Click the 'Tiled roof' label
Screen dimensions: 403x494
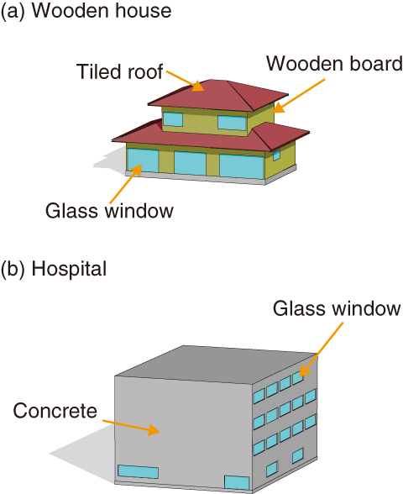[119, 71]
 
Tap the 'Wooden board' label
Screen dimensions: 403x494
[334, 63]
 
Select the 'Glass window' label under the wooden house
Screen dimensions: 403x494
[109, 210]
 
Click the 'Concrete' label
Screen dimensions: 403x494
[55, 411]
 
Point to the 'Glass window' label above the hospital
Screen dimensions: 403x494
[337, 308]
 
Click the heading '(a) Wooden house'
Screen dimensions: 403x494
[86, 10]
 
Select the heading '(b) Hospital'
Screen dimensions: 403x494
[54, 269]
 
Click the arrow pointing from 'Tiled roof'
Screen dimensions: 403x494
[186, 81]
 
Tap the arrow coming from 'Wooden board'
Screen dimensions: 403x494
[299, 96]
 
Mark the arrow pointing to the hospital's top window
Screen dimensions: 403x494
[321, 349]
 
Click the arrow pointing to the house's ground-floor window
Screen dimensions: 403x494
[126, 184]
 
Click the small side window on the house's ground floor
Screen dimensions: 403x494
[276, 155]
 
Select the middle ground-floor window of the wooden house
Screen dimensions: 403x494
[190, 163]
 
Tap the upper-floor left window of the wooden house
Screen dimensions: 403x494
[173, 119]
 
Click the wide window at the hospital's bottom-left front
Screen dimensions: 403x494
[138, 471]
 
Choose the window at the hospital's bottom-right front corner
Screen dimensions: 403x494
[237, 482]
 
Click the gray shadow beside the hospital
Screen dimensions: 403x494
[82, 454]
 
